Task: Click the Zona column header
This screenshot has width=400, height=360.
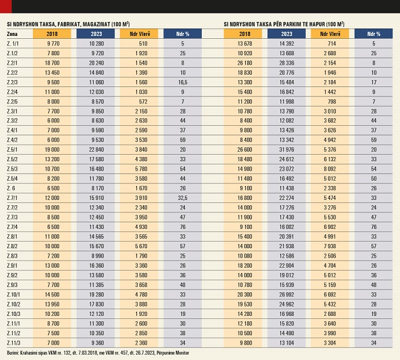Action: click(13, 34)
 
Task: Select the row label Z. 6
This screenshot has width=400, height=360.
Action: click(12, 188)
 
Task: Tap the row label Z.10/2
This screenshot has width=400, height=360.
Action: click(14, 304)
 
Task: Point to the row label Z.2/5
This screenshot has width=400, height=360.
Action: click(13, 102)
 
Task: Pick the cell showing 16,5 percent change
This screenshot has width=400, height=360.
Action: click(183, 82)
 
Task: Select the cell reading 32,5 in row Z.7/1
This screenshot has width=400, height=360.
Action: click(183, 198)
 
